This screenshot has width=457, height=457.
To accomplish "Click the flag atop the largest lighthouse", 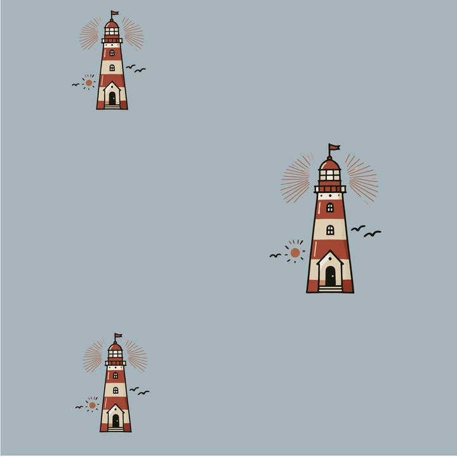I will (334, 148).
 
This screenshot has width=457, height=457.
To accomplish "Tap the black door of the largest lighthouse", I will (330, 275).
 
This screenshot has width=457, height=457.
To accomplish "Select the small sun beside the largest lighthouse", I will (295, 252).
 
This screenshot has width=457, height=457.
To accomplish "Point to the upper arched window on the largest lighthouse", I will (330, 208).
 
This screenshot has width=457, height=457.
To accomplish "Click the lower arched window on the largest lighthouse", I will (330, 230).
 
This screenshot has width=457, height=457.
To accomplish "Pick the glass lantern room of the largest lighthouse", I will (330, 175).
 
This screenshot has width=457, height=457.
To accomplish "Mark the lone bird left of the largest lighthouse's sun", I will (275, 255).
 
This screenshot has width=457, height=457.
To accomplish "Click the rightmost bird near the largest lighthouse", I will (373, 234).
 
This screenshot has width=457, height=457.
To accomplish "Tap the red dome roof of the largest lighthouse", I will (330, 164).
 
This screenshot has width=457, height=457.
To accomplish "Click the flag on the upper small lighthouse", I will (114, 13).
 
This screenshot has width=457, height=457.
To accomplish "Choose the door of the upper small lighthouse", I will (112, 98).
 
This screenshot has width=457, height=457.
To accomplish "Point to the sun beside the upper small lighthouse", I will (89, 83).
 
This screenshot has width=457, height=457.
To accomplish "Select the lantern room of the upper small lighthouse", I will (112, 30).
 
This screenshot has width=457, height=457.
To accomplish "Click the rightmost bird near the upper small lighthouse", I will (140, 70).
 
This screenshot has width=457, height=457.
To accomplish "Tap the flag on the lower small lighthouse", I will (117, 336).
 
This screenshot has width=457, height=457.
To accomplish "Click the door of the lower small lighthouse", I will (116, 420).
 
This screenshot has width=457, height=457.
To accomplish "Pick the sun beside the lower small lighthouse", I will (92, 405).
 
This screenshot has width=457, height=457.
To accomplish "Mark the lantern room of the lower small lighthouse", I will (116, 354).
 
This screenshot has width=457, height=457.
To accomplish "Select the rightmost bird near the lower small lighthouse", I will (144, 392).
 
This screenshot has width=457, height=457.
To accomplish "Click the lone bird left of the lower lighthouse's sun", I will (79, 407).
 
